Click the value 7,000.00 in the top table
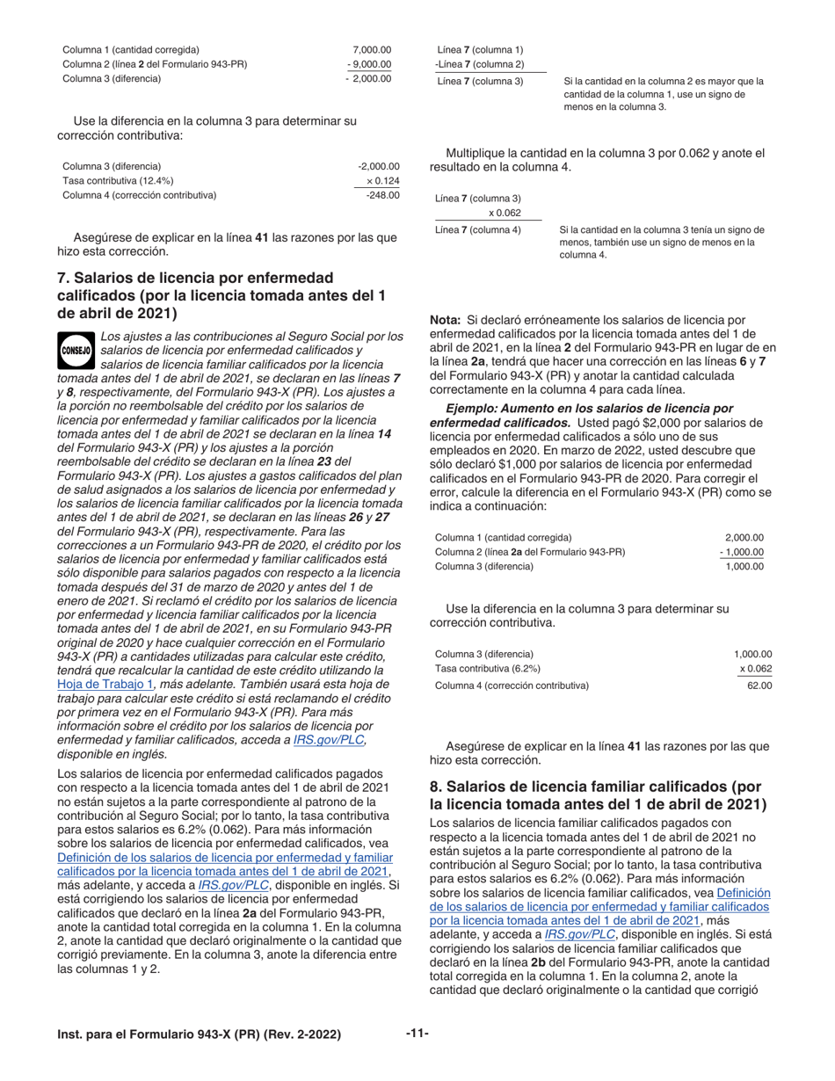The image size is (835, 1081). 371,49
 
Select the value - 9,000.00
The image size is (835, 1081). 369,64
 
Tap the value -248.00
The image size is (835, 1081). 383,195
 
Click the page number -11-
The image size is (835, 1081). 417,1033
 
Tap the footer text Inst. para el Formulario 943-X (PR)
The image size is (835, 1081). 199,1034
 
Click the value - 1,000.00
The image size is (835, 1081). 742,552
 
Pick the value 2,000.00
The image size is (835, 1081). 744,537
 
